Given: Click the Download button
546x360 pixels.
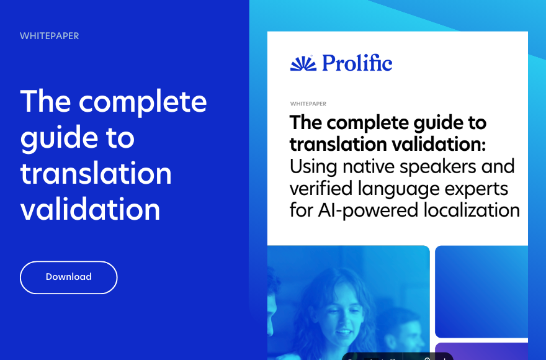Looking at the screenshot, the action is pyautogui.click(x=69, y=277).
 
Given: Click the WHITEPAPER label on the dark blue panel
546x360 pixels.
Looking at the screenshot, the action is pyautogui.click(x=50, y=36).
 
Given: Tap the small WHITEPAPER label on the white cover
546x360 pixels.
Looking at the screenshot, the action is pyautogui.click(x=308, y=104).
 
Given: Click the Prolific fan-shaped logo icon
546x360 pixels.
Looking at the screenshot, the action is pyautogui.click(x=303, y=63).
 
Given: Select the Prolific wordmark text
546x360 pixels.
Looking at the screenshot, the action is pyautogui.click(x=357, y=63).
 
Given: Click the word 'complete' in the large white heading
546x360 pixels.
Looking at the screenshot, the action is pyautogui.click(x=143, y=101).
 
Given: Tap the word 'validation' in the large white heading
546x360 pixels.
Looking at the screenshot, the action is pyautogui.click(x=90, y=209).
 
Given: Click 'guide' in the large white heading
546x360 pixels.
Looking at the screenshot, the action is pyautogui.click(x=59, y=138).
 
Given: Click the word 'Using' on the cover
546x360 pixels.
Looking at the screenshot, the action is pyautogui.click(x=313, y=167).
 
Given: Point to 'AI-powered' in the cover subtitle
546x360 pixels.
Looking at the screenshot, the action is pyautogui.click(x=368, y=211).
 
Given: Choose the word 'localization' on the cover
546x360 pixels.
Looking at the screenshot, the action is pyautogui.click(x=472, y=210).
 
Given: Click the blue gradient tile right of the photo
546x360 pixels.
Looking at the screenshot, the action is pyautogui.click(x=481, y=292).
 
